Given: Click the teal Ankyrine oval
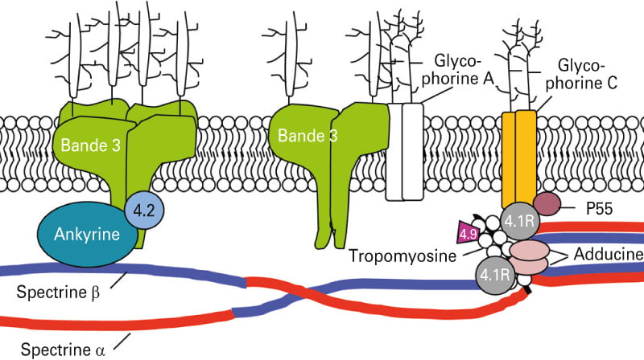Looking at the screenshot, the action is tap(87, 235).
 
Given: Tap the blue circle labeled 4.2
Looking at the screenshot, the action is tap(144, 210).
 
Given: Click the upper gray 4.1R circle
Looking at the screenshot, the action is tap(519, 222).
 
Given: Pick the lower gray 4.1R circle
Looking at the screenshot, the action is tap(495, 275).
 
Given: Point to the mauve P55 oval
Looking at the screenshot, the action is tap(547, 204).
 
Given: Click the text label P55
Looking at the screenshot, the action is tap(599, 209).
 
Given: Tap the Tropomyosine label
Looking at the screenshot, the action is tap(402, 256).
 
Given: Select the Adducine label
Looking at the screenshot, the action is tap(609, 254).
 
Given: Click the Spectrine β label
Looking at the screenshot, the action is tap(58, 292).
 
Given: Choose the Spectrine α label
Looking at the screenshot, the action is tap(63, 350).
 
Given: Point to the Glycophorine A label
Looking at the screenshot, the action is tap(457, 70).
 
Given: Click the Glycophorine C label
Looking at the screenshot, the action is tap(581, 74).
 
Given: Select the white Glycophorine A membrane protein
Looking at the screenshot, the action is tap(404, 152).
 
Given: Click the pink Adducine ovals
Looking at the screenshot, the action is tap(529, 257).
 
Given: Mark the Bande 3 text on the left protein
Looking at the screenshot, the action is tap(90, 145).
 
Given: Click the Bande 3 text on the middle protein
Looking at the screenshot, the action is tap(308, 135).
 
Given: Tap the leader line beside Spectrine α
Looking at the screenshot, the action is tap(122, 341).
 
